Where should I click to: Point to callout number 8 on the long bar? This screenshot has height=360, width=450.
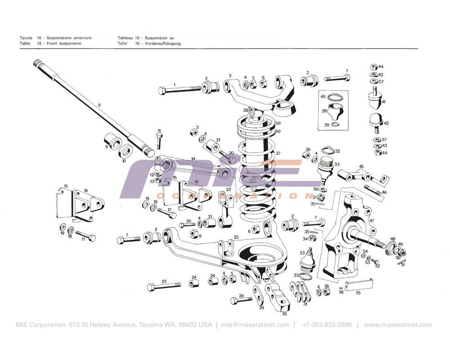99,104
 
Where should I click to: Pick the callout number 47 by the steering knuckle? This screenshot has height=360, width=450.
372,221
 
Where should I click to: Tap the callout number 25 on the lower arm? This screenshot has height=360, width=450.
236,237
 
